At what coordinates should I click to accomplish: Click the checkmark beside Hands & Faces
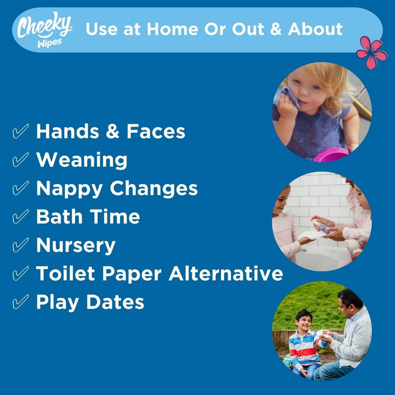point(20,132)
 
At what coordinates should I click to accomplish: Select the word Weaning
point(82,160)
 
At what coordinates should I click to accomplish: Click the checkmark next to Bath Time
point(20,217)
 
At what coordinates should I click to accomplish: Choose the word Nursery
point(76,245)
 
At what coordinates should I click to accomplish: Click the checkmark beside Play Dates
point(20,302)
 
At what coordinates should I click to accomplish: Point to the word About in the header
point(315,29)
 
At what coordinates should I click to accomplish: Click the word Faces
point(156,132)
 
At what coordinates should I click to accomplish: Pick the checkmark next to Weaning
point(20,160)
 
